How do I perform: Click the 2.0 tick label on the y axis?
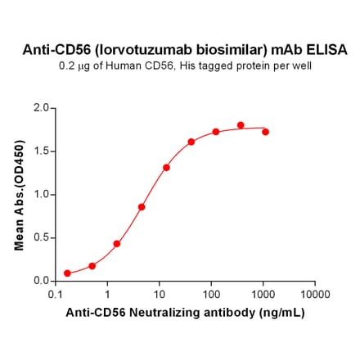tap(41, 107)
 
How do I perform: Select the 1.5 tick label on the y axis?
tap(41, 151)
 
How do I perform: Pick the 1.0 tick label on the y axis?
tap(41, 194)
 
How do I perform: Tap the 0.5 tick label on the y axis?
tap(41, 237)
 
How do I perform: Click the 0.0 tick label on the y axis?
tap(41, 281)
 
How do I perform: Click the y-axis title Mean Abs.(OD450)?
tap(20, 195)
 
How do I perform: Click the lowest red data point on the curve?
tap(67, 273)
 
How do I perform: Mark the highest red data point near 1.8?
tap(241, 125)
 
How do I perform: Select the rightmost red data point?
tap(265, 132)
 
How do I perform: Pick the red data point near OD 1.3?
tap(166, 168)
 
